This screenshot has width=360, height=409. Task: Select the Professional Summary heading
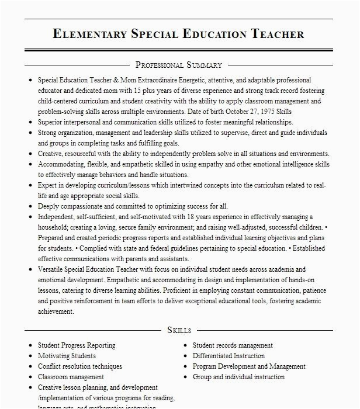click(x=179, y=65)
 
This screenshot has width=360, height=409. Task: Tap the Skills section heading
click(x=179, y=330)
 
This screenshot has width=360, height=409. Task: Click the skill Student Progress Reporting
click(x=77, y=345)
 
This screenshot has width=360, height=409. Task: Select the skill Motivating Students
click(x=67, y=356)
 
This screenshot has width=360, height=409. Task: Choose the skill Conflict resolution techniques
click(x=80, y=366)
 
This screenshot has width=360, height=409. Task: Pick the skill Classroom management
click(x=71, y=377)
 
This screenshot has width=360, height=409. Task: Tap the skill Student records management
click(x=233, y=345)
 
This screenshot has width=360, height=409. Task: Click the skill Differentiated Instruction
click(x=229, y=356)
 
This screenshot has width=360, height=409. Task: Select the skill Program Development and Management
click(x=249, y=366)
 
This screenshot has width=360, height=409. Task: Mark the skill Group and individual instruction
click(x=238, y=377)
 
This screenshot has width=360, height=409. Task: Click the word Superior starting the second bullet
click(x=51, y=122)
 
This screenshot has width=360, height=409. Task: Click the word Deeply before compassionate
click(x=49, y=206)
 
